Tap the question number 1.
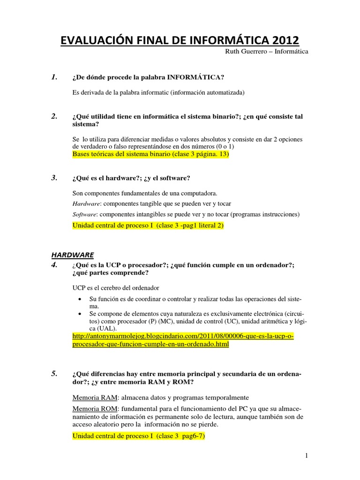point(54,77)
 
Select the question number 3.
point(54,178)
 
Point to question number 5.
point(54,373)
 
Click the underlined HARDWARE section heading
point(73,255)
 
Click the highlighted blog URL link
point(183,340)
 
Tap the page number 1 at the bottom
point(305,456)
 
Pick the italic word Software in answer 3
point(84,214)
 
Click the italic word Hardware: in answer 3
point(86,204)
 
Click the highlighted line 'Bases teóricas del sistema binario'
point(150,154)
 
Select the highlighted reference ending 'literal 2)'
point(148,225)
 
